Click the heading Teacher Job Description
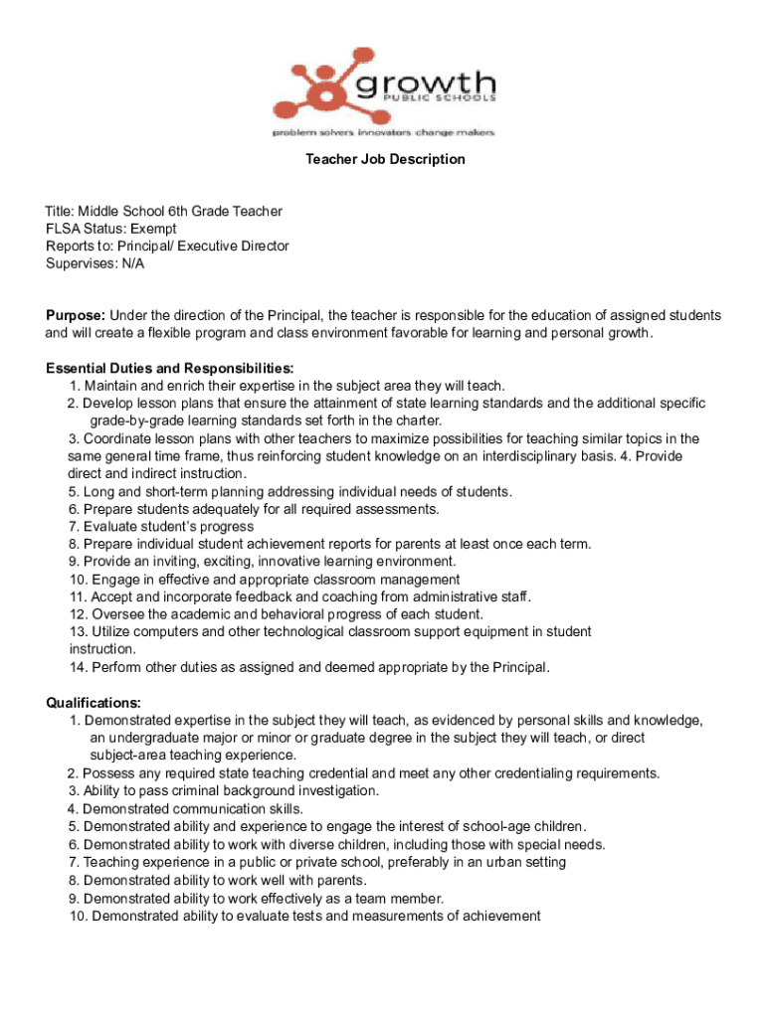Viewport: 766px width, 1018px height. click(x=384, y=159)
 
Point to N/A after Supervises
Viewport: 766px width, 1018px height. click(x=132, y=263)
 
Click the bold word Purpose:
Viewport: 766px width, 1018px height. click(x=76, y=315)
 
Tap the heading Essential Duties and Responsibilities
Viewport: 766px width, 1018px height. click(x=169, y=368)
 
